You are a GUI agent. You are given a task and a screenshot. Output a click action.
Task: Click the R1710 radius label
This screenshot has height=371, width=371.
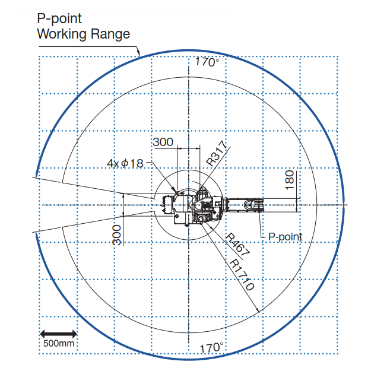242,274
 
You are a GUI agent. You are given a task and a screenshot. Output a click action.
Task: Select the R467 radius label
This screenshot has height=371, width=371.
237,245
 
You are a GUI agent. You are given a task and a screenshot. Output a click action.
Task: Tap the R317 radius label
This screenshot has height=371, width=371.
216,153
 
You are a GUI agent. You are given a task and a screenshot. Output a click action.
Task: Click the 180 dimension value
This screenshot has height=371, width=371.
290,180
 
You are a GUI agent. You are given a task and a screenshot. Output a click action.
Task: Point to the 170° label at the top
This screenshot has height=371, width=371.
207,62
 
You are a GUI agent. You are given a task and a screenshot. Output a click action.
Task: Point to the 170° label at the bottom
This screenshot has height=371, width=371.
211,348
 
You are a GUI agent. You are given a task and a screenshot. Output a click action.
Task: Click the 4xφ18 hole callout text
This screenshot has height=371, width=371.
125,163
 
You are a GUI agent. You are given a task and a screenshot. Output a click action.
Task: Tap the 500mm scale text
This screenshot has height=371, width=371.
59,343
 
